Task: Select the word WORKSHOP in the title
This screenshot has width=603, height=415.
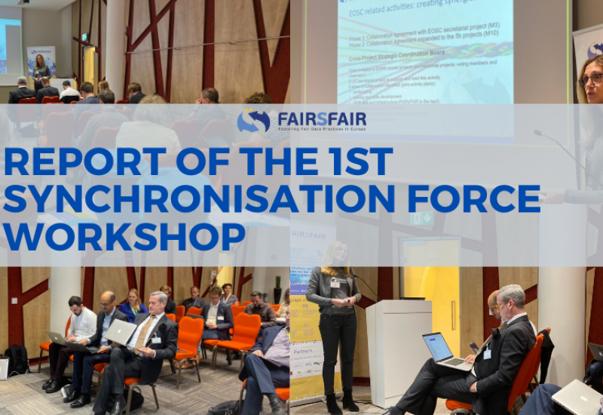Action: tap(124, 235)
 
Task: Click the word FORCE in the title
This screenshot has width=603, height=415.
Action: tap(464, 198)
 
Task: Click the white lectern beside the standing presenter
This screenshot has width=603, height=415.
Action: tap(397, 347)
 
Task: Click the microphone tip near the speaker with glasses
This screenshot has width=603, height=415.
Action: tap(537, 133)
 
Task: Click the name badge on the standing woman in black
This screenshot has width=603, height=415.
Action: tap(334, 283)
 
